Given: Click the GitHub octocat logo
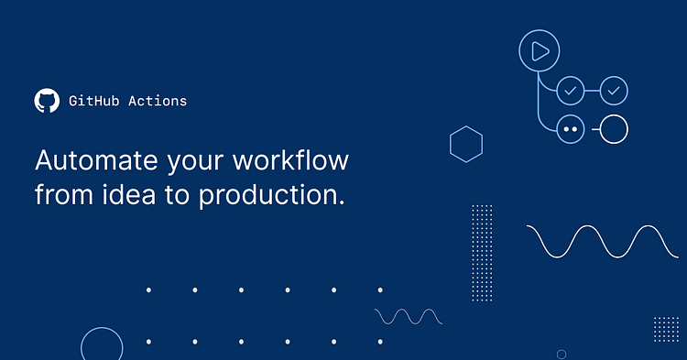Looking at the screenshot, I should tap(46, 101).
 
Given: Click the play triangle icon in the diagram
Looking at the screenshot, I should tap(540, 51).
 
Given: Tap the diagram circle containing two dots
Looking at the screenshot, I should tap(571, 129).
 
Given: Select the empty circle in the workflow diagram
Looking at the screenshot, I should tap(614, 129).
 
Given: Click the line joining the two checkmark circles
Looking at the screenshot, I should tap(593, 91).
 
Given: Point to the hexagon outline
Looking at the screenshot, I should tap(466, 143).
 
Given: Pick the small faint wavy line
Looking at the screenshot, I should tap(409, 316).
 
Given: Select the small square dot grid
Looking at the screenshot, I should tap(666, 329).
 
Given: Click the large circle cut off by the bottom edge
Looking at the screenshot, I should tap(102, 345).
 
